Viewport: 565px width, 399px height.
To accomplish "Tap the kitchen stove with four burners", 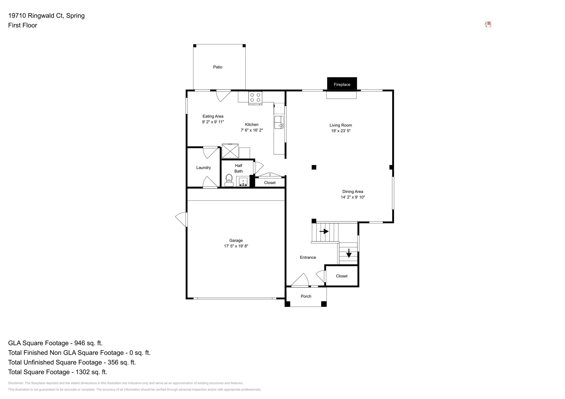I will pos(255,98).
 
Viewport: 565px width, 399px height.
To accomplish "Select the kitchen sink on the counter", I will pos(279,122).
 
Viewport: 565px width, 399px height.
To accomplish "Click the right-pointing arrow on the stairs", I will pos(324,231).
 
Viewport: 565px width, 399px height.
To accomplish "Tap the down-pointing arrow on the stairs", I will pos(349,253).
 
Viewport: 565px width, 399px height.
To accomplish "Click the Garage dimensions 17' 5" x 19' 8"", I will pos(236,246).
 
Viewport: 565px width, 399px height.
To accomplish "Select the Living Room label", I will pos(341,125).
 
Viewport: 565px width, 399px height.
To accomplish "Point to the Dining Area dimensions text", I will pos(353,197).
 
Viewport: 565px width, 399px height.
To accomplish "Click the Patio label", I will pos(218,67).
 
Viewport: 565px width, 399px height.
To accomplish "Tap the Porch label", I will pos(306,296).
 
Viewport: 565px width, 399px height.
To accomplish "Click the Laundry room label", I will pos(203,168).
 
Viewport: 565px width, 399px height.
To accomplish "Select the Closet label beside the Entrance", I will pos(342,276).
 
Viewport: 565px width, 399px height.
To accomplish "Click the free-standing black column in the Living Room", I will pos(314,167).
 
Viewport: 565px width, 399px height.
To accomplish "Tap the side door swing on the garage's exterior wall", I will pos(182,219).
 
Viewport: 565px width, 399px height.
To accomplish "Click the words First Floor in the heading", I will pos(23,25).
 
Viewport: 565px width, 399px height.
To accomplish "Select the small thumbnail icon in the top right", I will pos(488,24).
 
